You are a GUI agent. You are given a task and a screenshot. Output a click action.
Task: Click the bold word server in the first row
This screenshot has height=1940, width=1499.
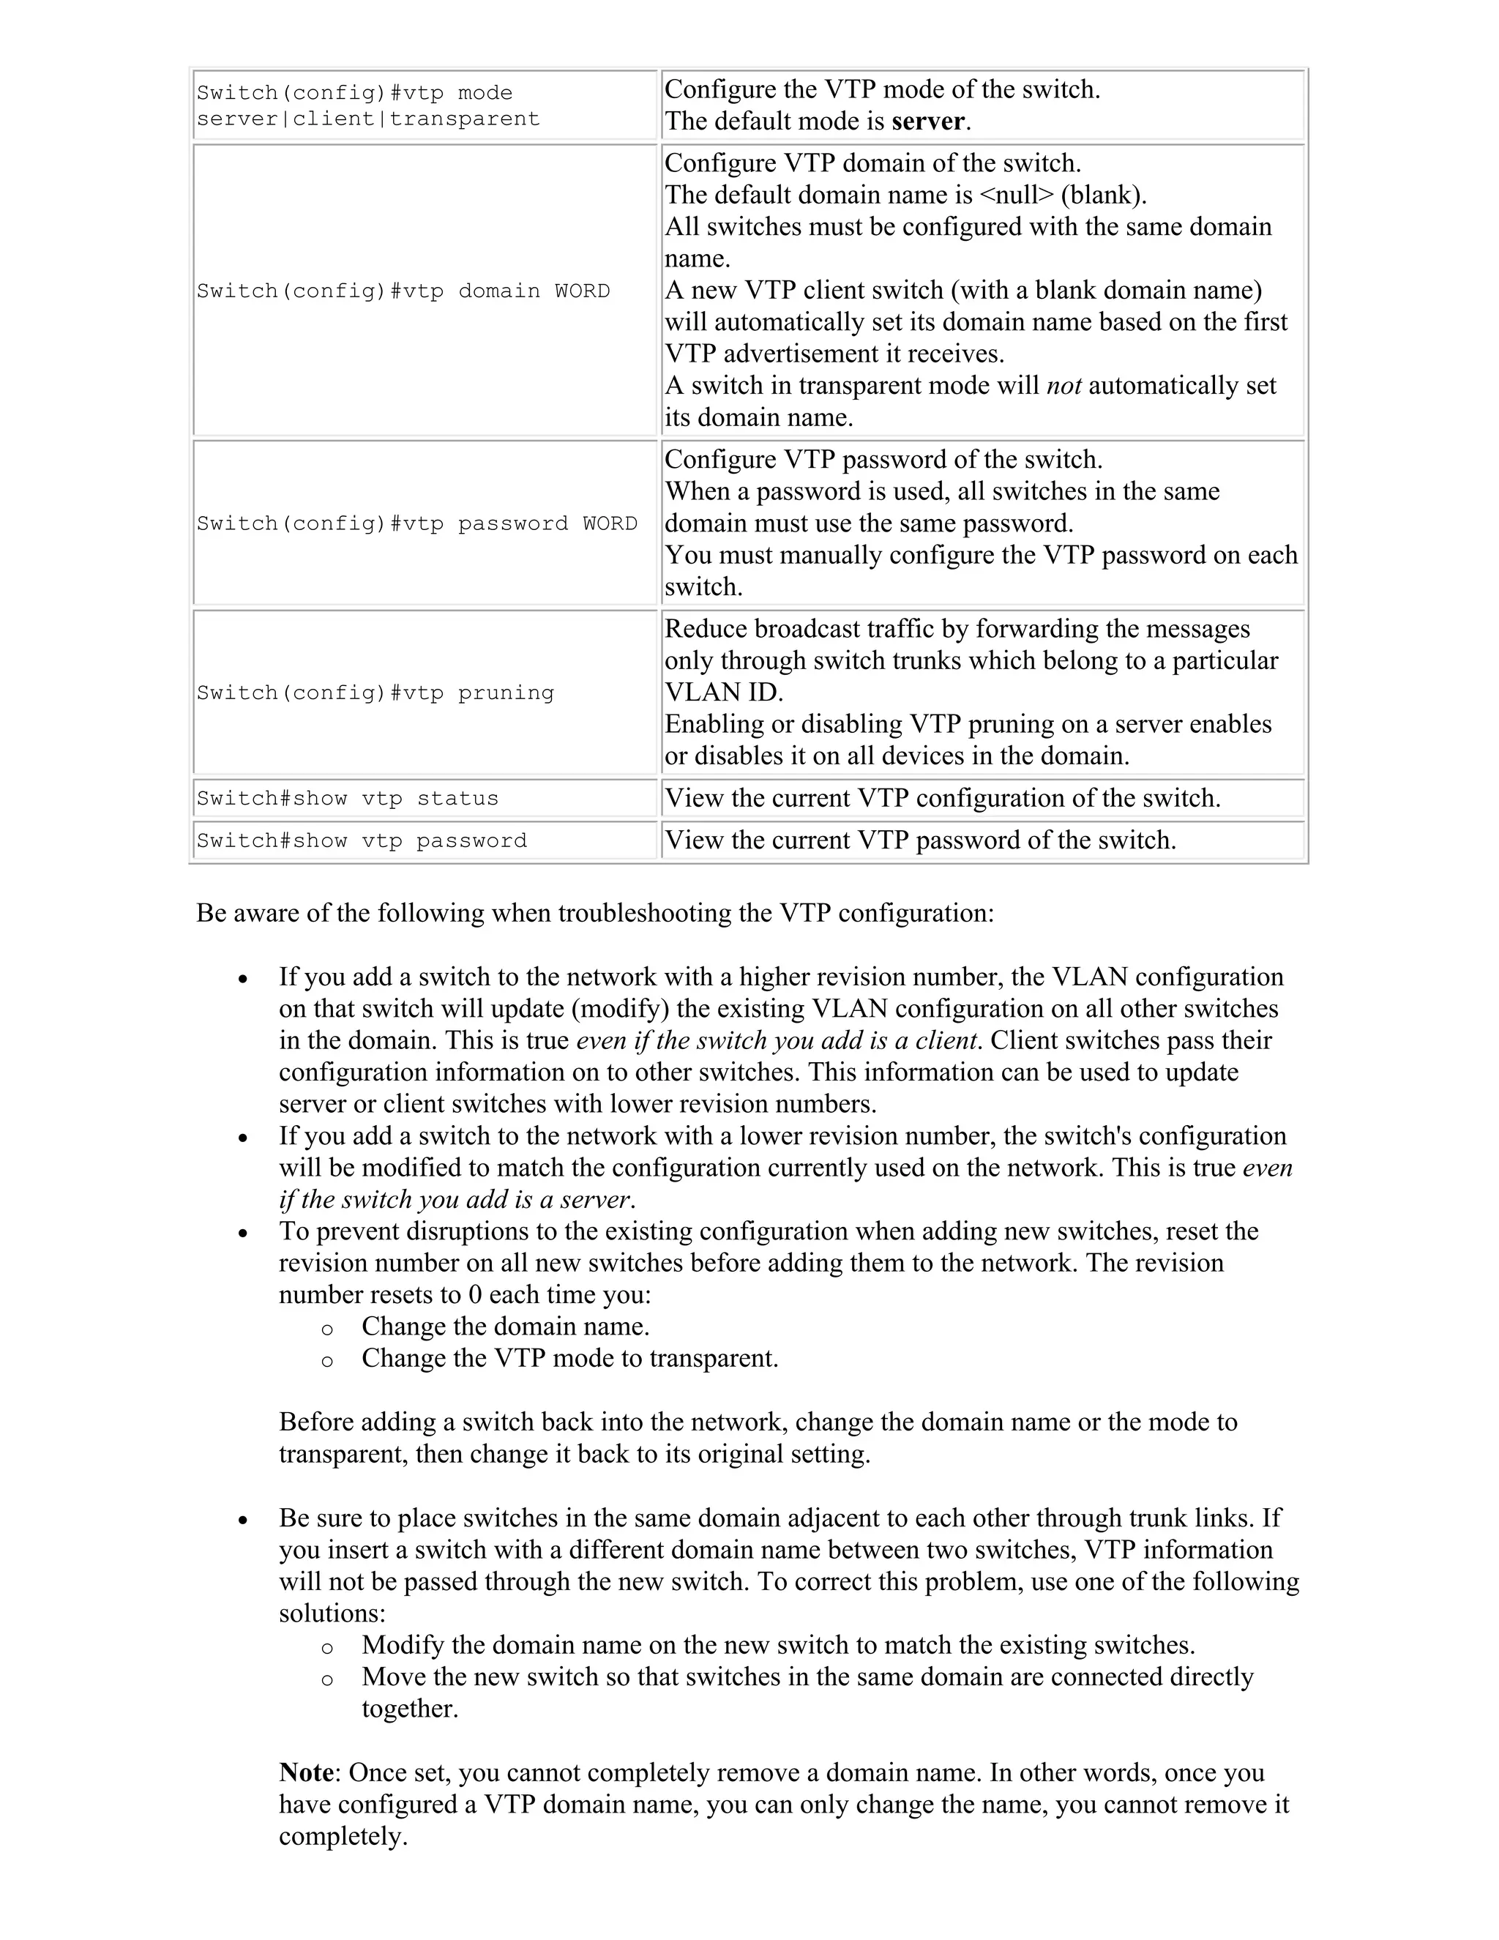pos(927,122)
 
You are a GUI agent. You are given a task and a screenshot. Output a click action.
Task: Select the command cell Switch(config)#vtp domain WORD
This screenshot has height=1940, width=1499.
pos(403,291)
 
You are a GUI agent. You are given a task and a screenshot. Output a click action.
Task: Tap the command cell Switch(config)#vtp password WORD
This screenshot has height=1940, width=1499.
pos(416,524)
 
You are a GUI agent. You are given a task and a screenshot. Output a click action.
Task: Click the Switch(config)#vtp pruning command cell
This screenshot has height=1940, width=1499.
pos(375,693)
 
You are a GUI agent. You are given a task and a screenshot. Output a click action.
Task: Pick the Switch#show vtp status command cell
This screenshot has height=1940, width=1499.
pos(347,799)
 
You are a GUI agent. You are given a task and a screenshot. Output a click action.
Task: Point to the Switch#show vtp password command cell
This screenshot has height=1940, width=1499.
pos(362,841)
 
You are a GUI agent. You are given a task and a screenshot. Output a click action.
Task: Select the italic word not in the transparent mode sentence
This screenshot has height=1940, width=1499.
pos(1063,386)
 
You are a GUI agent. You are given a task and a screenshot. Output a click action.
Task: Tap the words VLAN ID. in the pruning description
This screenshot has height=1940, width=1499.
pos(724,693)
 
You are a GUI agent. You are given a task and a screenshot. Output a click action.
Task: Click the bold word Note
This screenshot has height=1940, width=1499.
pos(307,1772)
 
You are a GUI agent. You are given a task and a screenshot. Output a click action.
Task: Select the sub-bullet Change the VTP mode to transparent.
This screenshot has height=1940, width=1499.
pos(569,1358)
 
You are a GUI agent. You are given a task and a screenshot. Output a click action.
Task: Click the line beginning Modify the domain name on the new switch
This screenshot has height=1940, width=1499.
pos(778,1645)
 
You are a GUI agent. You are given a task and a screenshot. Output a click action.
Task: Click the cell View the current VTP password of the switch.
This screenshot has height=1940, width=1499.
pos(920,840)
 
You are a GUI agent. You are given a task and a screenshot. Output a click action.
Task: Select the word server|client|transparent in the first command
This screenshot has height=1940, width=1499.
pos(367,119)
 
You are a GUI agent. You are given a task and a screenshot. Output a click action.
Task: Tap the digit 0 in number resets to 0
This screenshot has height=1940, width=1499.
pos(475,1294)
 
